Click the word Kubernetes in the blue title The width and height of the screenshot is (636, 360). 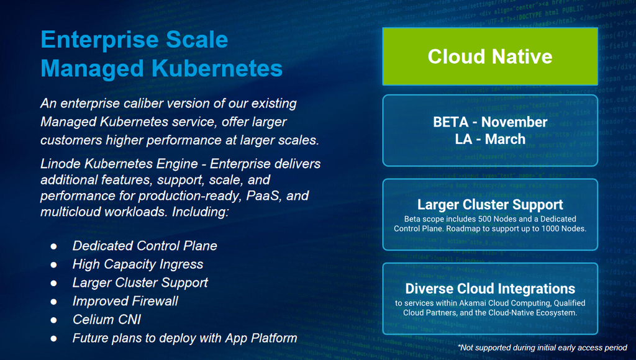(x=217, y=68)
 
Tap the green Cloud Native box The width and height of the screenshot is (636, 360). (x=490, y=56)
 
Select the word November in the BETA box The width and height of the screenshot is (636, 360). (x=514, y=122)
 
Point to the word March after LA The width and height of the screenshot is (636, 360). (x=505, y=139)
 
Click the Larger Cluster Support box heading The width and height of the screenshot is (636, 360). (x=490, y=205)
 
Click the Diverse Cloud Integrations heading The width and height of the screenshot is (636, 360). (x=490, y=289)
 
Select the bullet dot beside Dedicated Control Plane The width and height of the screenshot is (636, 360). (x=53, y=246)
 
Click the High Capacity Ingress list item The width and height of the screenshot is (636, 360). (x=138, y=264)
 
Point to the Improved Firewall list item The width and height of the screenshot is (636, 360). (x=125, y=301)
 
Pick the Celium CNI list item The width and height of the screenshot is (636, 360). (x=107, y=320)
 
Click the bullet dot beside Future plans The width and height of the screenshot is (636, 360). (x=53, y=338)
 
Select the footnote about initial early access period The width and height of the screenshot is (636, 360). (x=543, y=348)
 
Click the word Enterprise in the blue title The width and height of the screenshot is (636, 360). (x=100, y=40)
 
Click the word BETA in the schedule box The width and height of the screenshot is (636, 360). (x=451, y=122)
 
